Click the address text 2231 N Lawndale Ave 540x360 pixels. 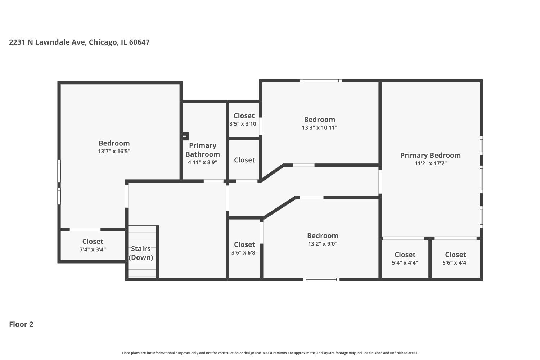click(x=79, y=42)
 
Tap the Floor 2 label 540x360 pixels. click(x=21, y=324)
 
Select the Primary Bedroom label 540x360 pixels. click(x=431, y=155)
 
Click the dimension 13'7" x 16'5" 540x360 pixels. click(x=114, y=152)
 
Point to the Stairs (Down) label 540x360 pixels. click(x=141, y=253)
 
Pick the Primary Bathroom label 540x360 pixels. click(x=203, y=150)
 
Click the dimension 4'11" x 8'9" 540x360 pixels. click(x=203, y=162)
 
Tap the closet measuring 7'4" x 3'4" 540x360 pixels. click(x=93, y=245)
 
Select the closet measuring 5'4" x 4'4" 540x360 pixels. click(x=405, y=258)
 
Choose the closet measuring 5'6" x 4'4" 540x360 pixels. click(x=455, y=258)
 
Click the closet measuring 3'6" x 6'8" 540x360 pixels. click(x=244, y=248)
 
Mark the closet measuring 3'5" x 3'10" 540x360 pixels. click(x=244, y=120)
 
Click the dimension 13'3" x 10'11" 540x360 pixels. click(x=320, y=127)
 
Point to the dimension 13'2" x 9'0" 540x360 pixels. click(x=323, y=244)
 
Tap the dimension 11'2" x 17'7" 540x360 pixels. click(x=431, y=163)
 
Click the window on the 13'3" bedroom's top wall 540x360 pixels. click(x=321, y=81)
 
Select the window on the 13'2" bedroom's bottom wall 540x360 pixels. click(x=321, y=279)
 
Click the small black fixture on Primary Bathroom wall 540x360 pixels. click(x=185, y=136)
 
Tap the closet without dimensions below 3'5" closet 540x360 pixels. click(x=244, y=160)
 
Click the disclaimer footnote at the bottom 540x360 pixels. click(x=270, y=353)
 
